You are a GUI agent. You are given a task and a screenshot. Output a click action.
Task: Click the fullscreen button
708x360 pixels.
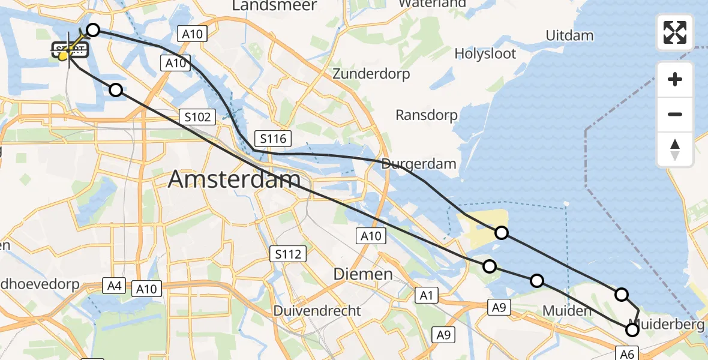[675, 32]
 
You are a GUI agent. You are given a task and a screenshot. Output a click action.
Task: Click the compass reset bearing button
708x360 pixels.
[675, 149]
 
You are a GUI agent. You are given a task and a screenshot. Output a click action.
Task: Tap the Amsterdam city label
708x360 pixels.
[234, 179]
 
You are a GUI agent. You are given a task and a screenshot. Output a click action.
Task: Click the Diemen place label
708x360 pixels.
[363, 274]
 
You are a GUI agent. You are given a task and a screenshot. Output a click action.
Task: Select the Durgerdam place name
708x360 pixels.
[419, 163]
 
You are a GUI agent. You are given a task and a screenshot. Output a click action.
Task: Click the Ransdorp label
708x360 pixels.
[427, 115]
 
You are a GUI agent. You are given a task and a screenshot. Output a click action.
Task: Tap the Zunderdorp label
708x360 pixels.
[371, 74]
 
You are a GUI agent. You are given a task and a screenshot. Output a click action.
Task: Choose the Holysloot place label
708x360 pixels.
[485, 53]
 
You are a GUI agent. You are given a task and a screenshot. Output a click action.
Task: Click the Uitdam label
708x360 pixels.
[569, 35]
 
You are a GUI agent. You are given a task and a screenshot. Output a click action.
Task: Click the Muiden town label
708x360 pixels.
[566, 311]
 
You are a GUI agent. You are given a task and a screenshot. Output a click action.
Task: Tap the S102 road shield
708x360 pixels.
[197, 116]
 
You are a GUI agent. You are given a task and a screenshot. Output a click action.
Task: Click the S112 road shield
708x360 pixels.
[288, 254]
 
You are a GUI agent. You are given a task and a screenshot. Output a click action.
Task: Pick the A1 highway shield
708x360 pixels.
[427, 295]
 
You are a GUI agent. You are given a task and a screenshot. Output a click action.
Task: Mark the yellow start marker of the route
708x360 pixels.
[63, 56]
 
